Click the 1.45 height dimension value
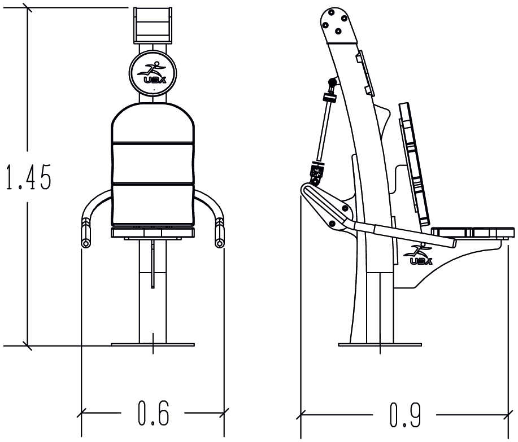coord(27,177)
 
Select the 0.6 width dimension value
coord(153,414)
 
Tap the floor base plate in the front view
coord(153,344)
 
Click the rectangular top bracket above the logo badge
coord(153,25)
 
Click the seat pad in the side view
coord(473,232)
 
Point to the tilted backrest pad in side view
coord(414,164)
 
